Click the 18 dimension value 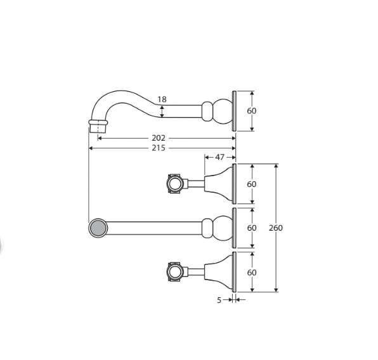(162, 100)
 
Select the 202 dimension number (159, 138)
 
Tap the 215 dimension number (159, 148)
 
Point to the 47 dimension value (219, 157)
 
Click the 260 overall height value (276, 228)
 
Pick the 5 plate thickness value (219, 300)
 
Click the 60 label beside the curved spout (252, 111)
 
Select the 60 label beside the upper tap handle (252, 184)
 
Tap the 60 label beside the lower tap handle (252, 273)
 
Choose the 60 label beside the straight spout (252, 228)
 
